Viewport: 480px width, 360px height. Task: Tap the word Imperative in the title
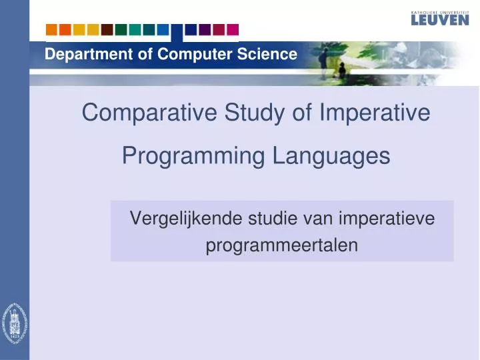click(x=375, y=113)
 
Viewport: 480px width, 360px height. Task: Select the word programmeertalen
click(x=281, y=245)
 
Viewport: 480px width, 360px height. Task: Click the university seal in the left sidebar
click(x=14, y=323)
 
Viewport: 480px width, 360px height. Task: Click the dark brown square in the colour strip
click(x=107, y=29)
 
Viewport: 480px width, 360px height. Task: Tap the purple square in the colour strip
click(x=205, y=29)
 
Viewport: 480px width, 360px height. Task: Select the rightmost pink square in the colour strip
click(x=232, y=29)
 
